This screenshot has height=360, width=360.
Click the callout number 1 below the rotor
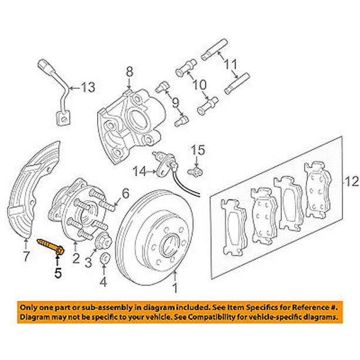(x=174, y=288)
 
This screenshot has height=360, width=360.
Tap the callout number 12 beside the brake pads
(x=351, y=184)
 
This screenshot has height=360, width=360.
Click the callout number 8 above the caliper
(x=129, y=72)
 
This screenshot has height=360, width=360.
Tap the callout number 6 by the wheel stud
(x=125, y=193)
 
